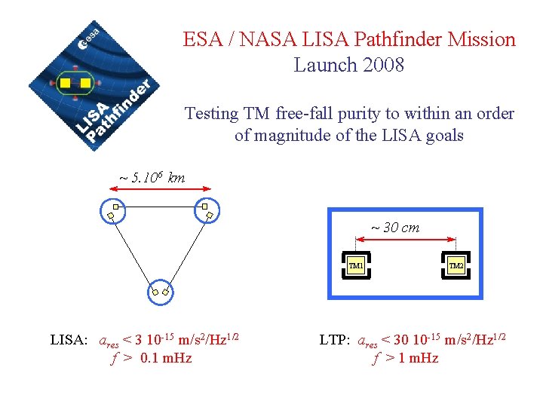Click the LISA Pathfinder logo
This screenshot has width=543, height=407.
(90, 85)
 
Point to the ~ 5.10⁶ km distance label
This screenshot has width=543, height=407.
(152, 178)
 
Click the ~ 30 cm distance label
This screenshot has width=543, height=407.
(394, 227)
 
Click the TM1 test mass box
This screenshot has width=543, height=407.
(356, 265)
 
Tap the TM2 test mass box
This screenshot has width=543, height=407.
(456, 265)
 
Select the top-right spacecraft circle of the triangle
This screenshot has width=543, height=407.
(206, 211)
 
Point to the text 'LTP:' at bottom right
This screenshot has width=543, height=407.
(333, 340)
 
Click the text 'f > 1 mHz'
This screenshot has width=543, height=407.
(405, 358)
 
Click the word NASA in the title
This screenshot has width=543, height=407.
(263, 39)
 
